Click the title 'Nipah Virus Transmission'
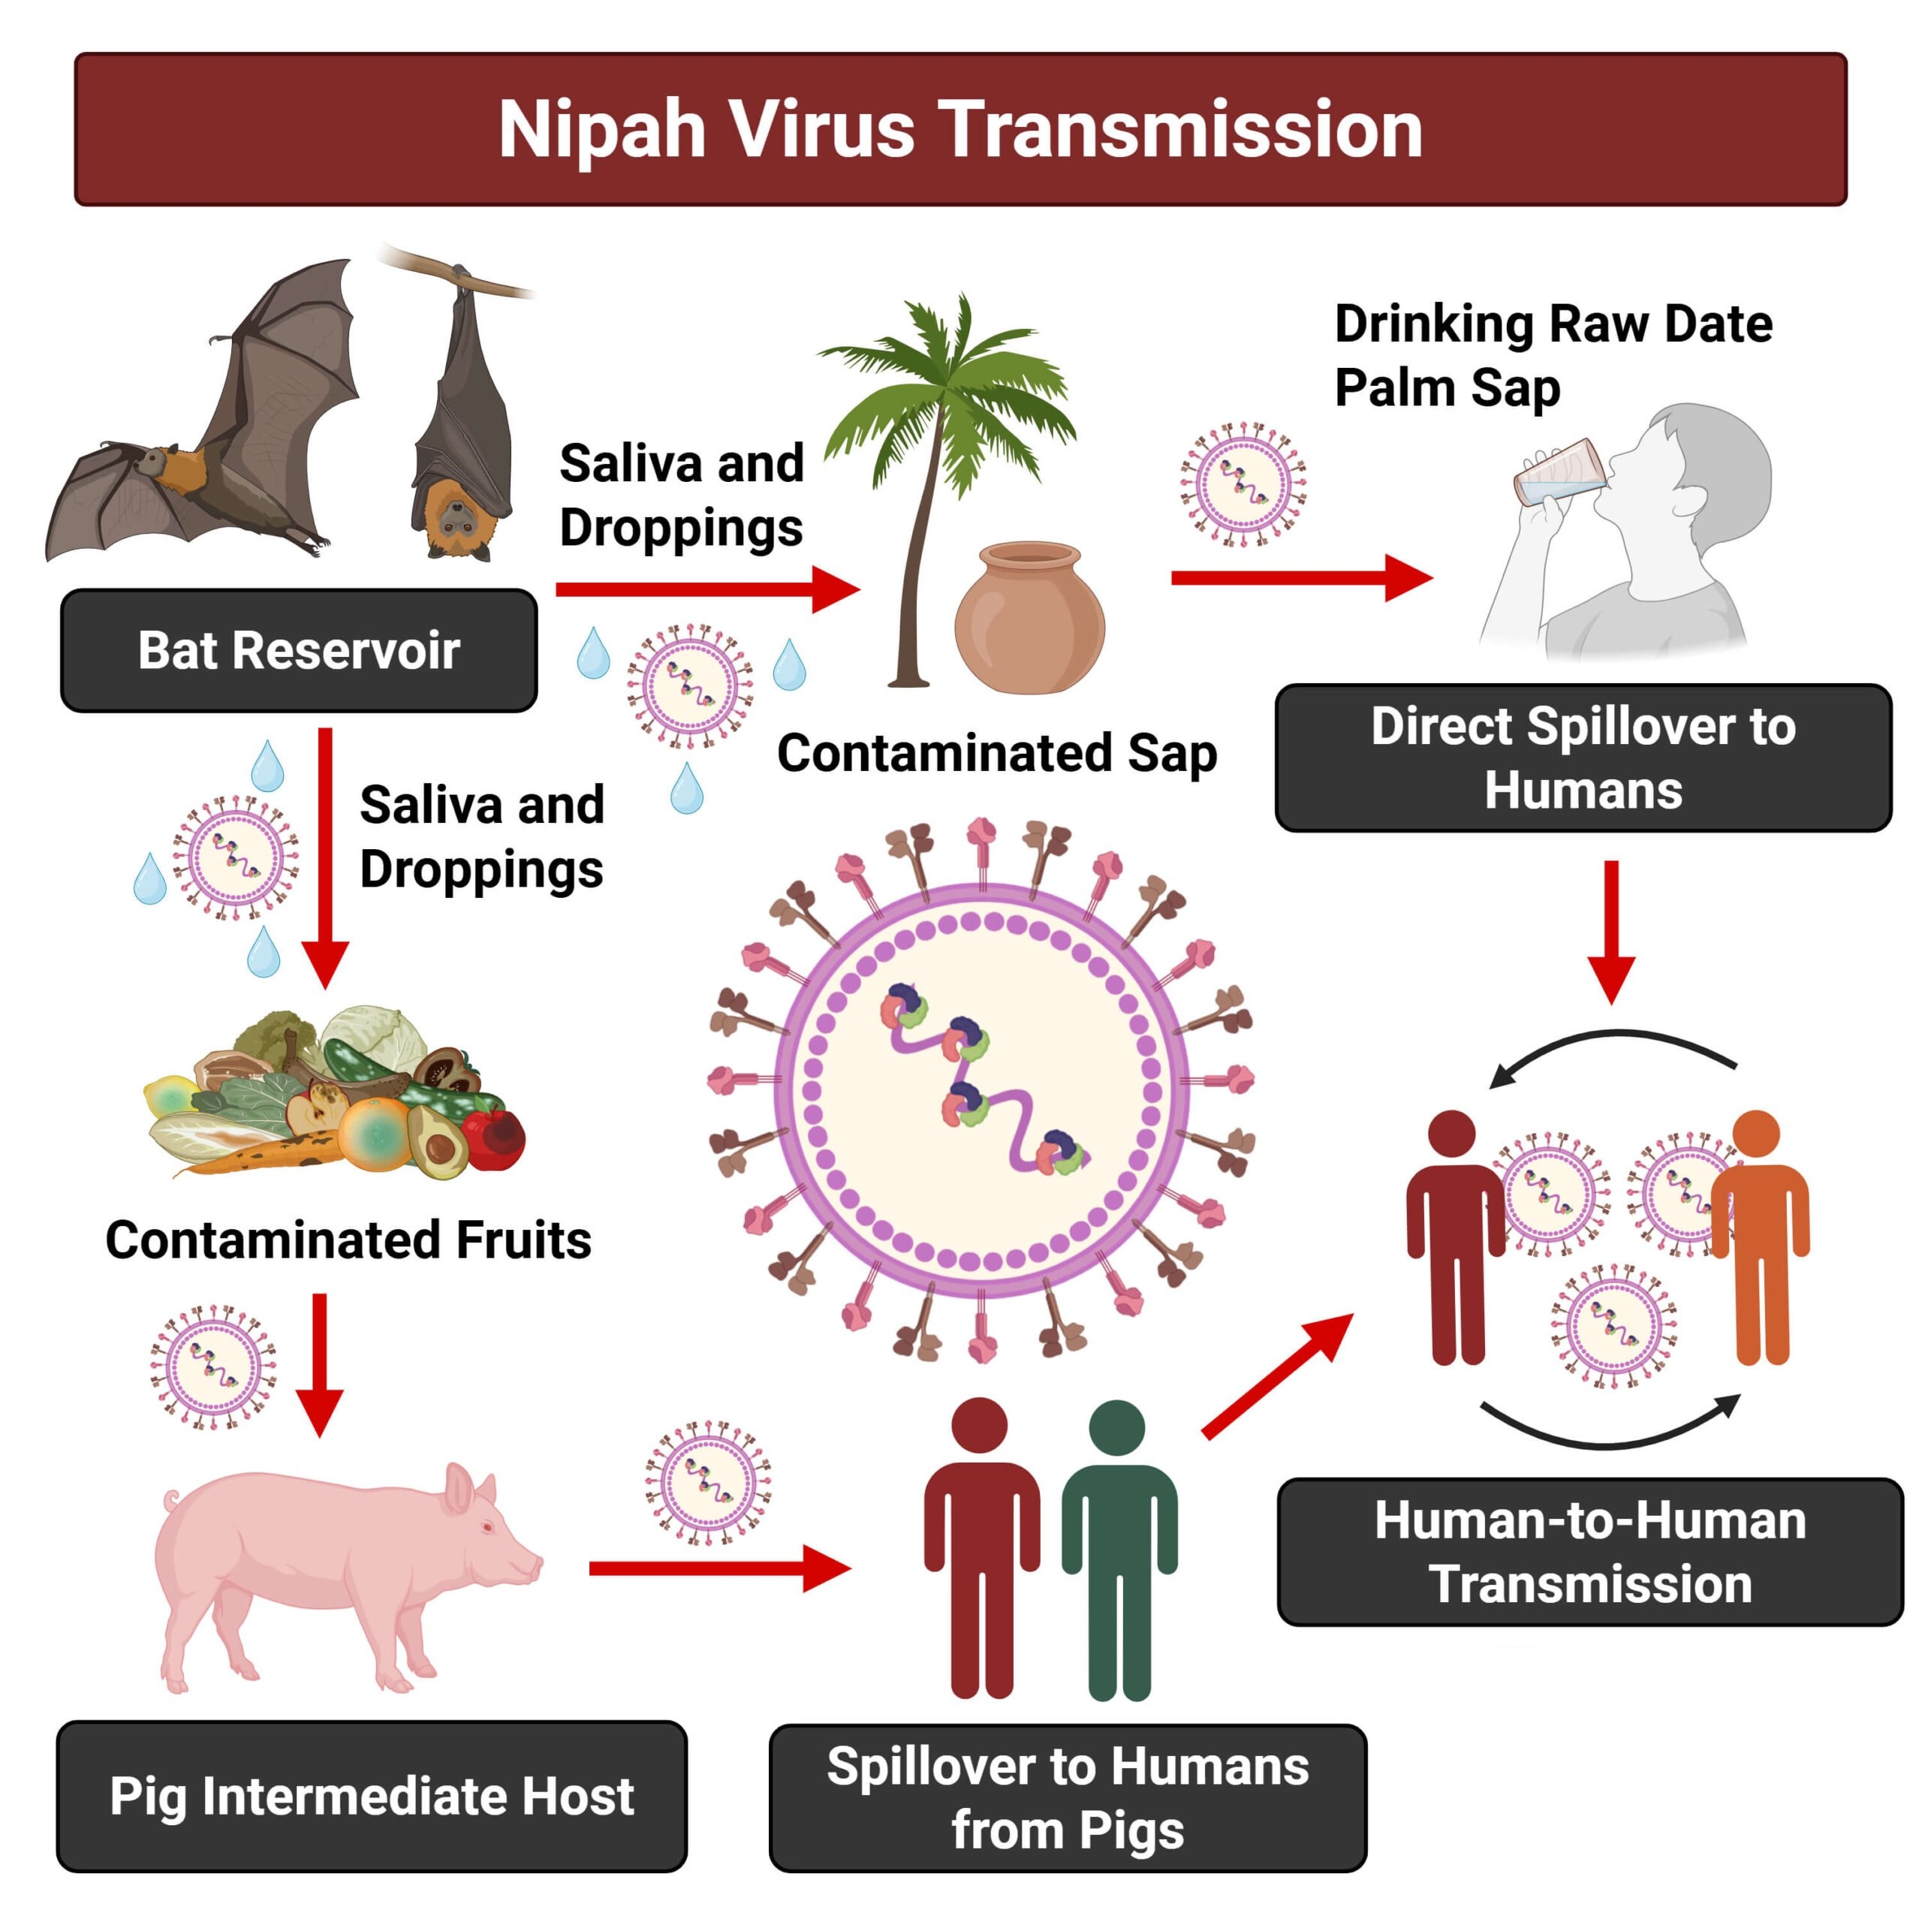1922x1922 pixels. pos(960,129)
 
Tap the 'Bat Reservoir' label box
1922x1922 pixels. pos(299,651)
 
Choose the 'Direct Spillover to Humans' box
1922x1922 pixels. pos(1583,758)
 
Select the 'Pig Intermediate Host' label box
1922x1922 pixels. pos(371,1796)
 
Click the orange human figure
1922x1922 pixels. pos(1759,1234)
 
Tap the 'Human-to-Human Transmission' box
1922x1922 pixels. pos(1589,1552)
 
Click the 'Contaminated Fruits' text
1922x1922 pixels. pos(348,1240)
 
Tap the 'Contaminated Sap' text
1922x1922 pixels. pos(997,753)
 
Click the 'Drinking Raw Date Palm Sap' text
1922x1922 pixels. pos(1552,355)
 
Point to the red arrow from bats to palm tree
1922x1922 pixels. pos(706,589)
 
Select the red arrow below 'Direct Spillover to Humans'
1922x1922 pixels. pos(1610,930)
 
